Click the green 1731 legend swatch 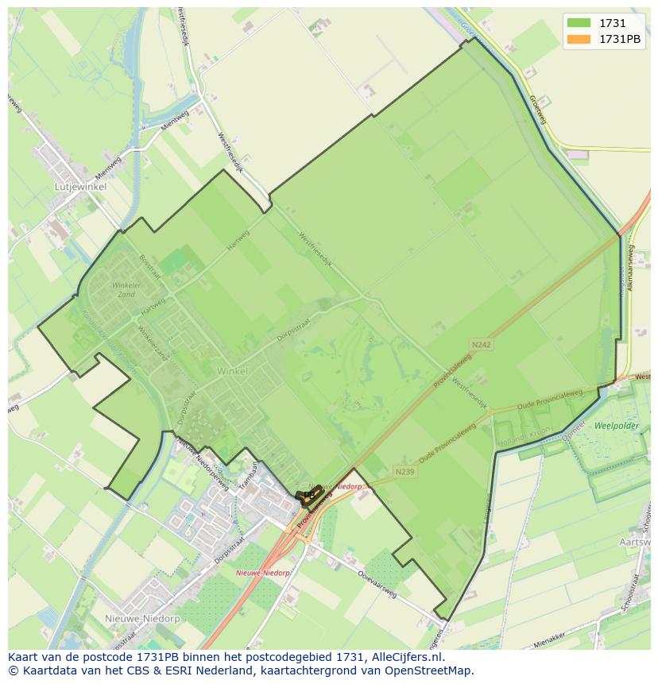579,24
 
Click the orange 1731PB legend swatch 579,39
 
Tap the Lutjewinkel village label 80,187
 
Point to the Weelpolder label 616,426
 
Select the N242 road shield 481,345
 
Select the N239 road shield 405,472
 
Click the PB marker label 309,495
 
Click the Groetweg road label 538,106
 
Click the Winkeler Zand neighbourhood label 126,289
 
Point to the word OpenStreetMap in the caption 432,670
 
